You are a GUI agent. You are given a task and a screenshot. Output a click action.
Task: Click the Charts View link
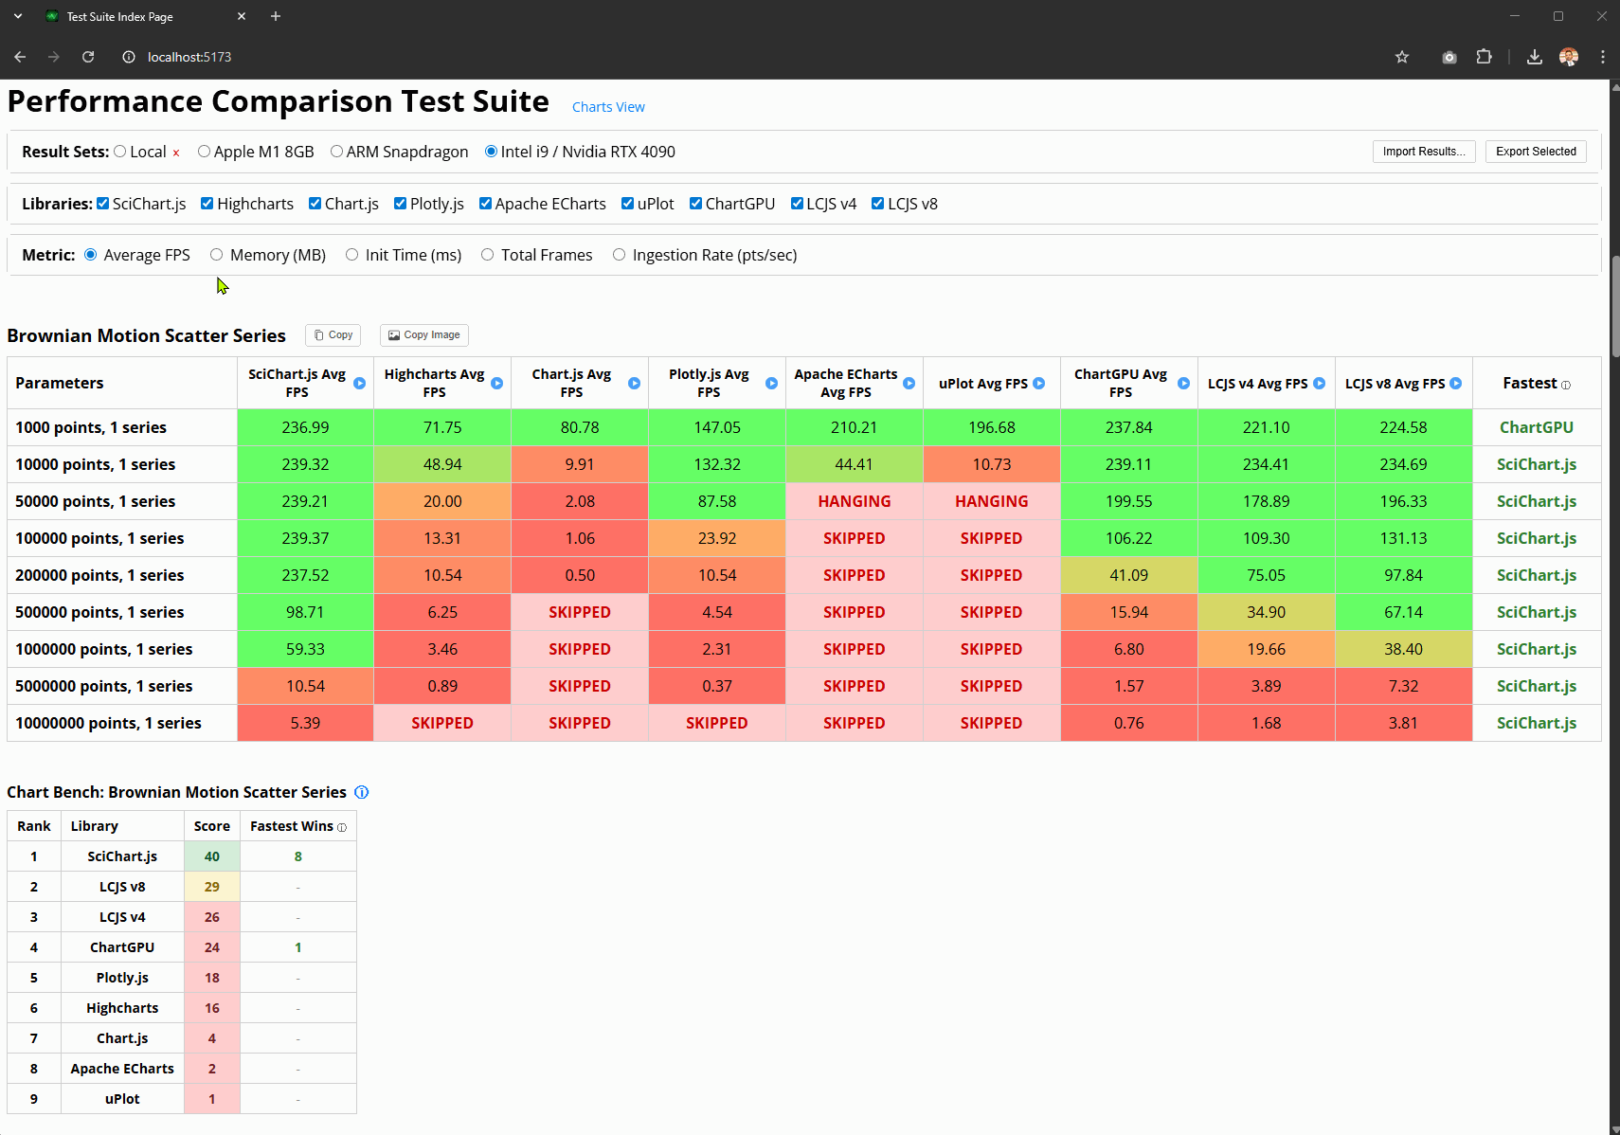tap(608, 107)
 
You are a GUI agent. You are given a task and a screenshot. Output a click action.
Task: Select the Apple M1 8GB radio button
tap(204, 152)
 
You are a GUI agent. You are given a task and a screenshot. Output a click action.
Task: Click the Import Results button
tap(1423, 152)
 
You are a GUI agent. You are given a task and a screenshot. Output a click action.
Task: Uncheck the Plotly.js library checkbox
tap(401, 204)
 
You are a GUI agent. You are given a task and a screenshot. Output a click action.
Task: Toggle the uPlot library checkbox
tap(627, 204)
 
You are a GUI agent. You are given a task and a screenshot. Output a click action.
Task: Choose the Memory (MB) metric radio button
tap(217, 255)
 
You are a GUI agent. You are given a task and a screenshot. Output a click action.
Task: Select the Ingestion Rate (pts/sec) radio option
tap(620, 255)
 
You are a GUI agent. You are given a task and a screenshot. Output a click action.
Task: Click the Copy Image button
tap(424, 335)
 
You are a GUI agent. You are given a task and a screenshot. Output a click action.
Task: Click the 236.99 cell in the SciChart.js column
tap(305, 427)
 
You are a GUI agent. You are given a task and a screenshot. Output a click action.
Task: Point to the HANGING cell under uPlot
tap(991, 501)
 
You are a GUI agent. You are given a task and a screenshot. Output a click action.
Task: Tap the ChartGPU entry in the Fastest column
tap(1536, 427)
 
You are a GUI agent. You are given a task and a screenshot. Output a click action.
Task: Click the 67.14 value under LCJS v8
tap(1403, 612)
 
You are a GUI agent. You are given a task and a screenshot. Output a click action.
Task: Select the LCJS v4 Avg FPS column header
tap(1257, 384)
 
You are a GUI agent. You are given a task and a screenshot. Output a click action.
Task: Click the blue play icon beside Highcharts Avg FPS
tap(496, 384)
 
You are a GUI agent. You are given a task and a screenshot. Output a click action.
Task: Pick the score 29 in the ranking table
tap(212, 887)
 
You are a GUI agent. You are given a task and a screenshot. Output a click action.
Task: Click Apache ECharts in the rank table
tap(122, 1069)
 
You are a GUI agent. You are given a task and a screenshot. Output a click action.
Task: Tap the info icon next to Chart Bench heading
tap(361, 792)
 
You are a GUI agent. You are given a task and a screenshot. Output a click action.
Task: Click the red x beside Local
tap(176, 153)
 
